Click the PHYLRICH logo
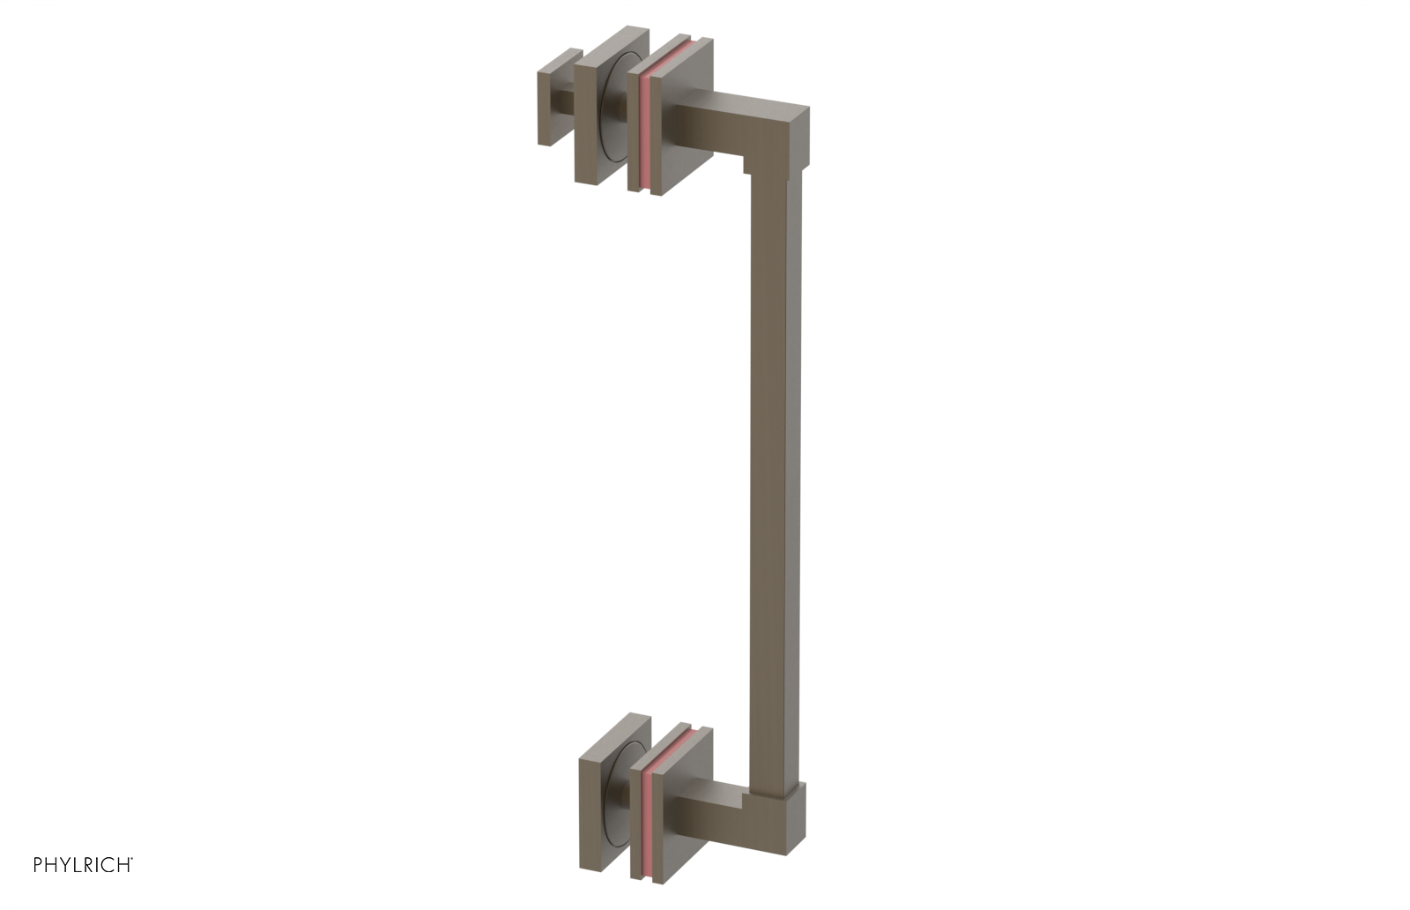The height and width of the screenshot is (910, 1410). point(83,865)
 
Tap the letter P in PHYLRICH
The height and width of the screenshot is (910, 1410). point(39,865)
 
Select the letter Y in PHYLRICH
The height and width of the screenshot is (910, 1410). point(68,865)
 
